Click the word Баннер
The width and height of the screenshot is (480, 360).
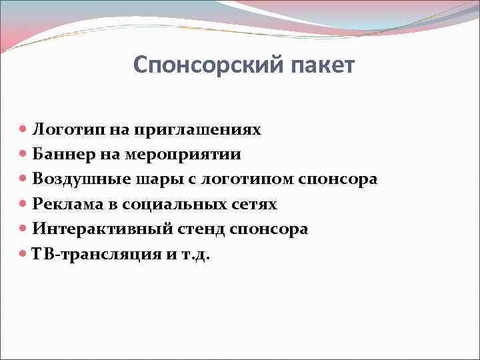tap(58, 154)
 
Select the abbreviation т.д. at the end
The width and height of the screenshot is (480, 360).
tap(195, 254)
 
